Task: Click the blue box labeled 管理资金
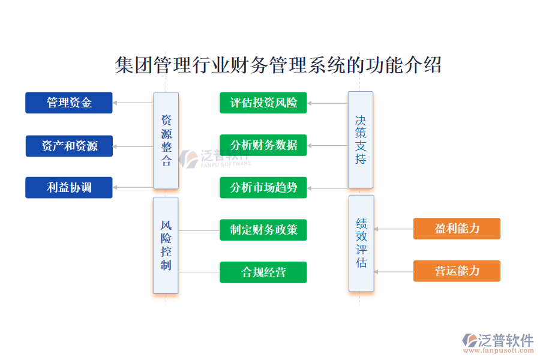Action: [x=69, y=103]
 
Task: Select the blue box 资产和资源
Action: [x=69, y=146]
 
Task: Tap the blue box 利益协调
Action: [x=69, y=187]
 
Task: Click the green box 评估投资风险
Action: [x=263, y=103]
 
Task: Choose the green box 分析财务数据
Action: [x=263, y=145]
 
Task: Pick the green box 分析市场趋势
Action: [x=263, y=187]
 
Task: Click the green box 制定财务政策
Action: [x=263, y=230]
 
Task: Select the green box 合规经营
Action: [x=263, y=272]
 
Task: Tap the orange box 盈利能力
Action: [x=457, y=229]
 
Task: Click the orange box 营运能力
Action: [x=457, y=271]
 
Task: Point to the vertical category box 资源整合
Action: [x=166, y=140]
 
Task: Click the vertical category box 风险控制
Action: [x=166, y=245]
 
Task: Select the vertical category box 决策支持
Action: [x=360, y=140]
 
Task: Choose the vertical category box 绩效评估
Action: [x=361, y=243]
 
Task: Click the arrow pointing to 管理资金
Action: [x=133, y=103]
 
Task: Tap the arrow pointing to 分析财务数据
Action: [x=327, y=145]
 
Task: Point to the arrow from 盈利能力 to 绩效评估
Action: [x=394, y=229]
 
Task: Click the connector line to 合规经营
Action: [x=199, y=272]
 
